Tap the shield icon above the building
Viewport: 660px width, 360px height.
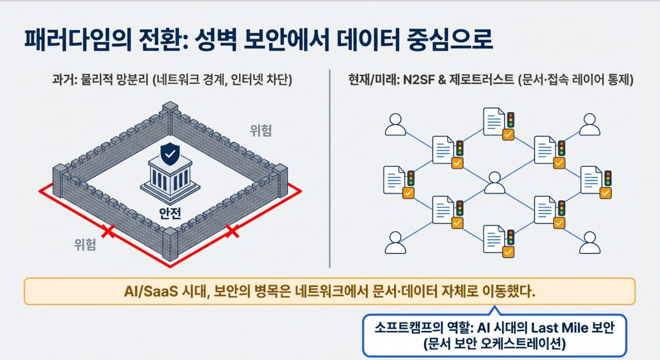[x=170, y=154]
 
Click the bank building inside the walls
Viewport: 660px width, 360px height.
[x=170, y=179]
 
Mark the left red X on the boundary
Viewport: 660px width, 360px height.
[x=108, y=231]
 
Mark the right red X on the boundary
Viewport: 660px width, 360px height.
[x=232, y=231]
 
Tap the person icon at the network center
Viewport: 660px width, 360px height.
[x=494, y=183]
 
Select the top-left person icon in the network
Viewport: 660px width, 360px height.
[x=396, y=124]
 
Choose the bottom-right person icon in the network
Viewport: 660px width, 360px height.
[x=590, y=243]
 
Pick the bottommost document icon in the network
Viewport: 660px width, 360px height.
[x=494, y=238]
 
